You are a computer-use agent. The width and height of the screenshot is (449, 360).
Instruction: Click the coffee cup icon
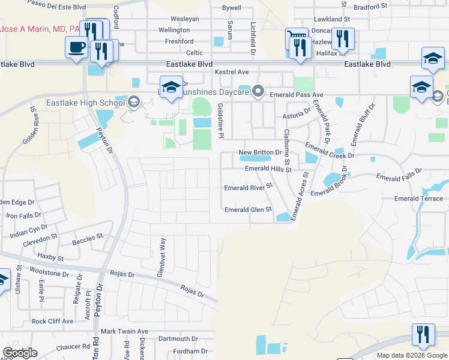pyautogui.click(x=76, y=47)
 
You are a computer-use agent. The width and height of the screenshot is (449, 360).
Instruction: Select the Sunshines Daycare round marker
pyautogui.click(x=259, y=91)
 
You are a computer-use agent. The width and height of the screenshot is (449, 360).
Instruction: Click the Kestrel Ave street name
pyautogui.click(x=232, y=72)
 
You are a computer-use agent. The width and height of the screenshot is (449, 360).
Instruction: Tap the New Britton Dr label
pyautogui.click(x=260, y=153)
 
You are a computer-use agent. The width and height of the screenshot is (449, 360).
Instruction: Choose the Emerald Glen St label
pyautogui.click(x=248, y=210)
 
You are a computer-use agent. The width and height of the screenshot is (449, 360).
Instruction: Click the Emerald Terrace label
pyautogui.click(x=418, y=199)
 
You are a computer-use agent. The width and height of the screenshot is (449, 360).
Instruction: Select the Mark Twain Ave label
pyautogui.click(x=124, y=331)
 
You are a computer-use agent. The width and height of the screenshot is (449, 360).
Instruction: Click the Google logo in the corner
pyautogui.click(x=20, y=353)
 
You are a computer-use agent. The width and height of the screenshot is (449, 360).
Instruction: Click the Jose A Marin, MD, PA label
pyautogui.click(x=41, y=29)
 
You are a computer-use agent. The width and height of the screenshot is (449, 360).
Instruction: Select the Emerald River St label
pyautogui.click(x=248, y=187)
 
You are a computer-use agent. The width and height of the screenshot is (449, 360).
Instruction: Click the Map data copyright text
pyautogui.click(x=412, y=355)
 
